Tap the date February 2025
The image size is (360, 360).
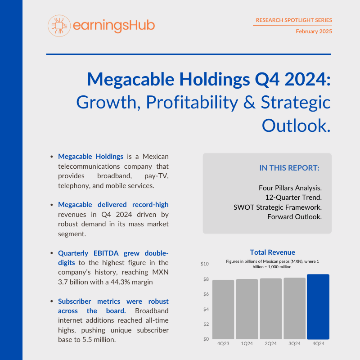click(314, 31)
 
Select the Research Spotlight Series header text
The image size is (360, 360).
click(293, 20)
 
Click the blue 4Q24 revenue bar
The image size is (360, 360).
click(319, 306)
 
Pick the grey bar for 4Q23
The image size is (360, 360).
click(223, 310)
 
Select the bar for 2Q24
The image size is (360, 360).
click(271, 309)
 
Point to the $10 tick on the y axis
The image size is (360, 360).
click(205, 264)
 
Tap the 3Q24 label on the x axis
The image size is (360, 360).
click(294, 344)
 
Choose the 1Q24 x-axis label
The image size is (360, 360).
click(247, 344)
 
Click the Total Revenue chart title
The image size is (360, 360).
click(272, 252)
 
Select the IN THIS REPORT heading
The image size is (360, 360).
click(289, 168)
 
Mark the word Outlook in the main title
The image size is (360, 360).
click(296, 125)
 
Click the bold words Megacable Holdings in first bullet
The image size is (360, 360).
click(90, 157)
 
